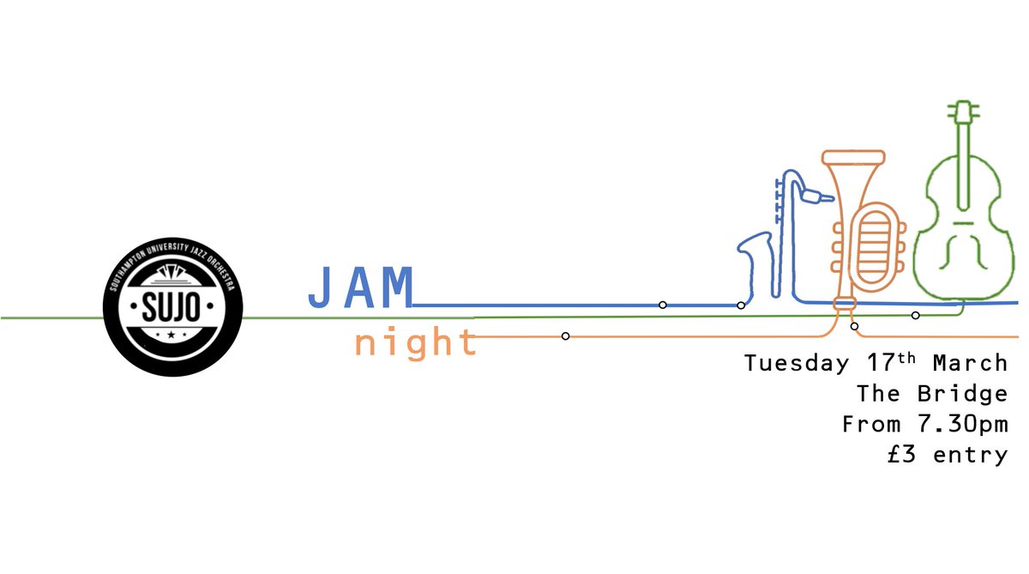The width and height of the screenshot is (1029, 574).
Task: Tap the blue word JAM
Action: pyautogui.click(x=361, y=288)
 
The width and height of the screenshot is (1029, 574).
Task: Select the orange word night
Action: pyautogui.click(x=416, y=343)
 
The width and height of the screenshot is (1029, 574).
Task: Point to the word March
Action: pyautogui.click(x=970, y=364)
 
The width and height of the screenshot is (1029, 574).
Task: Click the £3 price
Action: pyautogui.click(x=905, y=455)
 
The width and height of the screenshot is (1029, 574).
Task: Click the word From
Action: pyautogui.click(x=871, y=425)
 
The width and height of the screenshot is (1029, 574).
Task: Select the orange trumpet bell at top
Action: pyautogui.click(x=852, y=158)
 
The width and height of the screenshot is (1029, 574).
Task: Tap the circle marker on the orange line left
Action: pyautogui.click(x=565, y=335)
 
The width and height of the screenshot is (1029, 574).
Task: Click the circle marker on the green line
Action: pyautogui.click(x=915, y=316)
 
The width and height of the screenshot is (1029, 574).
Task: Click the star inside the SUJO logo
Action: pyautogui.click(x=173, y=332)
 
